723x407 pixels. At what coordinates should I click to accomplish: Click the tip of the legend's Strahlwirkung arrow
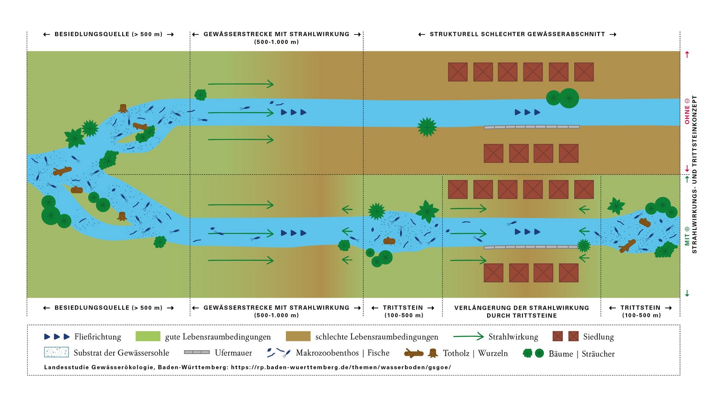coord(484,337)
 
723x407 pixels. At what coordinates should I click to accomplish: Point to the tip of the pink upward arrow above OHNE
coord(687,51)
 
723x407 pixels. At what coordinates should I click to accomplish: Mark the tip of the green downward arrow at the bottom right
coord(687,296)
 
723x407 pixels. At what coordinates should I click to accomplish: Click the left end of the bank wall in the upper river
coord(484,127)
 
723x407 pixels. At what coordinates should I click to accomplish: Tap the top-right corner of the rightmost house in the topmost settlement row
coord(593,63)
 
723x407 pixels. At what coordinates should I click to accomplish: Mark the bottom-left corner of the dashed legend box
coord(28,375)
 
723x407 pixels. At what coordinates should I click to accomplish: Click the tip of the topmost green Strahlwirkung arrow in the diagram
coord(274,84)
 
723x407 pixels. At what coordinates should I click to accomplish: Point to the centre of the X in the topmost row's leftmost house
coord(458,71)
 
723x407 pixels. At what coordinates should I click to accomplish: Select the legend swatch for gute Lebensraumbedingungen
coord(148,336)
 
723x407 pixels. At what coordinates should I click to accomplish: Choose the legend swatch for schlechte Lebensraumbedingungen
coord(298,336)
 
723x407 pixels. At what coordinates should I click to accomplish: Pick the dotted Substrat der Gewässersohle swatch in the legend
coord(56,352)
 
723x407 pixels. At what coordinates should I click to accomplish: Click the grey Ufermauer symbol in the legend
coord(197,352)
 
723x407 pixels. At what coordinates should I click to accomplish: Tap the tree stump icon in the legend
coord(433,353)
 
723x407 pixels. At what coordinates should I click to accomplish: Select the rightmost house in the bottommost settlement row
coord(569,273)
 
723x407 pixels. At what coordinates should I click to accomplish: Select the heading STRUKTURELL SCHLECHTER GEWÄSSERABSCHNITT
coord(517,34)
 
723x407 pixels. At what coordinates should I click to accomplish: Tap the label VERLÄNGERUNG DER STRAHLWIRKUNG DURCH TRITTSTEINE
coord(522,311)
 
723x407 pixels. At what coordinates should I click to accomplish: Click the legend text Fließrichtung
coord(98,337)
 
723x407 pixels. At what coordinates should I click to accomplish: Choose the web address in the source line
coord(341,367)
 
